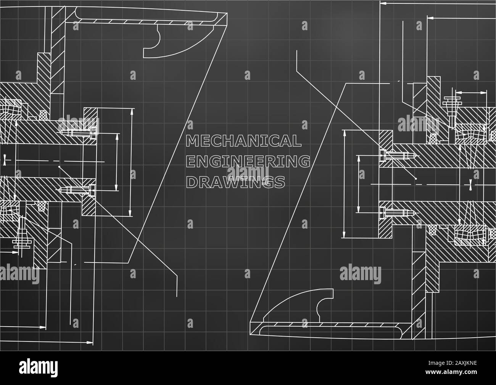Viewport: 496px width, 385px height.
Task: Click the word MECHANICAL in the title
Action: coord(243,141)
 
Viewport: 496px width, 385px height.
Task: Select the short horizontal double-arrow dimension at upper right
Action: coord(472,92)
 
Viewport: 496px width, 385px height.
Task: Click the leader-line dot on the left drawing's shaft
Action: coord(59,167)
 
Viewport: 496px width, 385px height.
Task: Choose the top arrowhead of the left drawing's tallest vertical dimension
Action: coord(132,111)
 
